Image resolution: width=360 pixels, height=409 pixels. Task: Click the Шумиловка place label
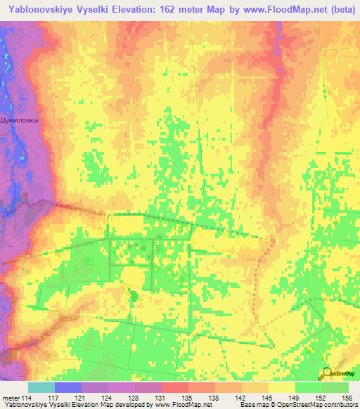click(x=20, y=120)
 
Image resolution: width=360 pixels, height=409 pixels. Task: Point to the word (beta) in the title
click(x=338, y=10)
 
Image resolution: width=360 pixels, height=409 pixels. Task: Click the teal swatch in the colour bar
click(x=41, y=387)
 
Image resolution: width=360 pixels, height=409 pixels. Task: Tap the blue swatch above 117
click(x=67, y=387)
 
